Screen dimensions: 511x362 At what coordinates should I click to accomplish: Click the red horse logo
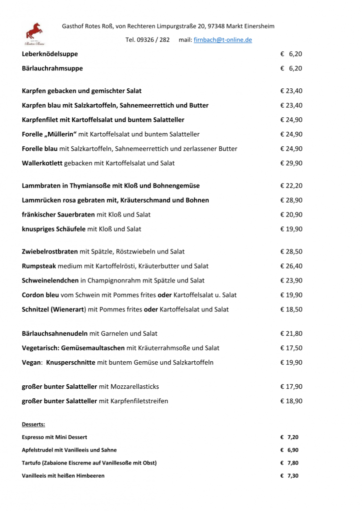click(x=34, y=33)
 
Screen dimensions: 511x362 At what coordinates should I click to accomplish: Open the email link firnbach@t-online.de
click(x=222, y=40)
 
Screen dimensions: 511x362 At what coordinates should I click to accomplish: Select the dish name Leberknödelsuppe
click(x=50, y=54)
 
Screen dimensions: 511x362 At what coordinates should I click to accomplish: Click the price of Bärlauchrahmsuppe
click(x=291, y=68)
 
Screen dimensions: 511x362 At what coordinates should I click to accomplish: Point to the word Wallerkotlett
click(x=42, y=163)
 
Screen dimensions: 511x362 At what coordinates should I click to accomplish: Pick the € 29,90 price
click(x=291, y=163)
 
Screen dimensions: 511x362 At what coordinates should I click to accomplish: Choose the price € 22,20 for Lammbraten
click(x=291, y=186)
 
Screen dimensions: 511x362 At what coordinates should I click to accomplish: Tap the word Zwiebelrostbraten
click(x=49, y=252)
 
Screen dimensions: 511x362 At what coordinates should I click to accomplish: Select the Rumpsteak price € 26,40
click(x=291, y=266)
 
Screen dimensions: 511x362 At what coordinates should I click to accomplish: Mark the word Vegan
click(x=31, y=363)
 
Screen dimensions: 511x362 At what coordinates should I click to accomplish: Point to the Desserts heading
click(x=33, y=425)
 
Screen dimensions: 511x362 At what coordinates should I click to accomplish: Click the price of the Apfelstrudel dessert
click(x=289, y=450)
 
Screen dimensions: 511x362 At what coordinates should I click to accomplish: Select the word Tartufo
click(x=31, y=463)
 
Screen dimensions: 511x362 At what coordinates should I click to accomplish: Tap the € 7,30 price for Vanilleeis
click(x=289, y=476)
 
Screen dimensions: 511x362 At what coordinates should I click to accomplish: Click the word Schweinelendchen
click(x=50, y=281)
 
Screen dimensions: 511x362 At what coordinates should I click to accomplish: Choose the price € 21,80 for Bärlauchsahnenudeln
click(x=291, y=334)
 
